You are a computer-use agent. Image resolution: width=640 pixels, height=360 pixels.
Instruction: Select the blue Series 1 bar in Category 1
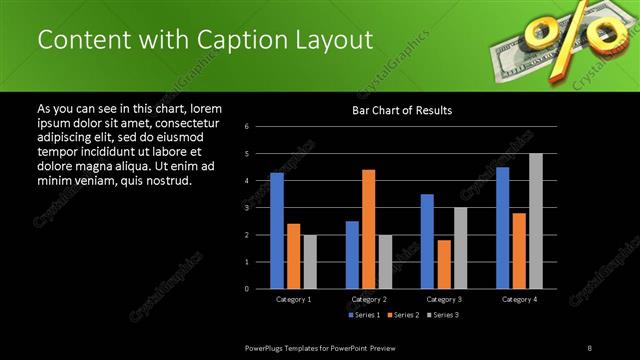[277, 230]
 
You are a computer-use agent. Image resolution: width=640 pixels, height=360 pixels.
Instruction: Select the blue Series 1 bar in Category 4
[502, 227]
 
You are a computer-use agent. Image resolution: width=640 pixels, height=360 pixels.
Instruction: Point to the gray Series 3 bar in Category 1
[310, 261]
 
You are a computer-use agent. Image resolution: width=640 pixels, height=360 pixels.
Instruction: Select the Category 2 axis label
[369, 300]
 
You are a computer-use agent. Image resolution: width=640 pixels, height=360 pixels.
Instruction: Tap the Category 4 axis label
[518, 300]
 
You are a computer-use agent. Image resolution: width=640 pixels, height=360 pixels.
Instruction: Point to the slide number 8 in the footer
[590, 346]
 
